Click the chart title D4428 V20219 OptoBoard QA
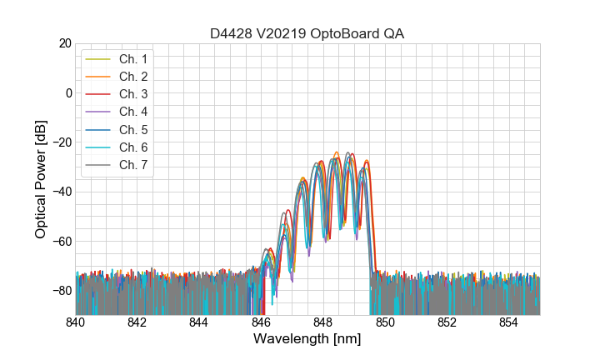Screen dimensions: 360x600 click(x=307, y=33)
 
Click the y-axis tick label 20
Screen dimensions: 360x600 click(x=65, y=43)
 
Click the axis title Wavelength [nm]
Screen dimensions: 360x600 click(x=307, y=340)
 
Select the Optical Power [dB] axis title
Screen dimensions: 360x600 click(x=41, y=179)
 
